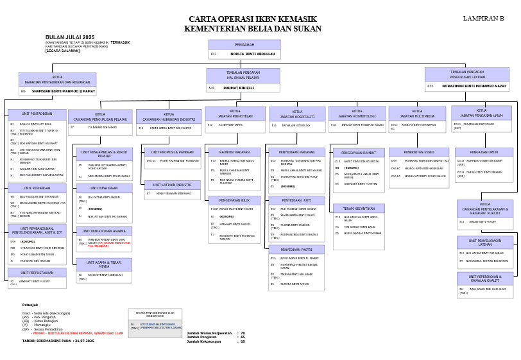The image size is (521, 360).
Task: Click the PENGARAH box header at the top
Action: point(244,45)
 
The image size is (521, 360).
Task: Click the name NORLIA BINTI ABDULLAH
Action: point(253,55)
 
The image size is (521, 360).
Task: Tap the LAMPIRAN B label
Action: point(484,19)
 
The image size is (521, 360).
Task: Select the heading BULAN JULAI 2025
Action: point(70,38)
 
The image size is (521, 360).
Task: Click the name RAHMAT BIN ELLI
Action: point(239,88)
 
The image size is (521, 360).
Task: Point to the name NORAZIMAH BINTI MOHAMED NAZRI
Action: point(474,85)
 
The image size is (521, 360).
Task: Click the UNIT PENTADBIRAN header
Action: point(37,114)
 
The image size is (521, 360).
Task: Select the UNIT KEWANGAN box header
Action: point(37,188)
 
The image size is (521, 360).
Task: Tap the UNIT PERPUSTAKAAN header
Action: point(37,273)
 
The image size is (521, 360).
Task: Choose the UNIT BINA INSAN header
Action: point(104,189)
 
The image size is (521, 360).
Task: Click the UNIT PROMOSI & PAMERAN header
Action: point(172,152)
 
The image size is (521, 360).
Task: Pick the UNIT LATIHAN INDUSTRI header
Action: point(172,185)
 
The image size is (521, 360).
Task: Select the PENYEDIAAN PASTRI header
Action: point(296,250)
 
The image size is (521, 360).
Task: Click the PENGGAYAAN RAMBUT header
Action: point(358,153)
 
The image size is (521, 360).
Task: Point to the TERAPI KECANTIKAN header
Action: point(358,209)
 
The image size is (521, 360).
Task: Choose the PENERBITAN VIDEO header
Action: point(419,152)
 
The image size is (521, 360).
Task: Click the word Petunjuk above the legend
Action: point(30,305)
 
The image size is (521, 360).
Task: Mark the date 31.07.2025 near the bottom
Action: point(83,341)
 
